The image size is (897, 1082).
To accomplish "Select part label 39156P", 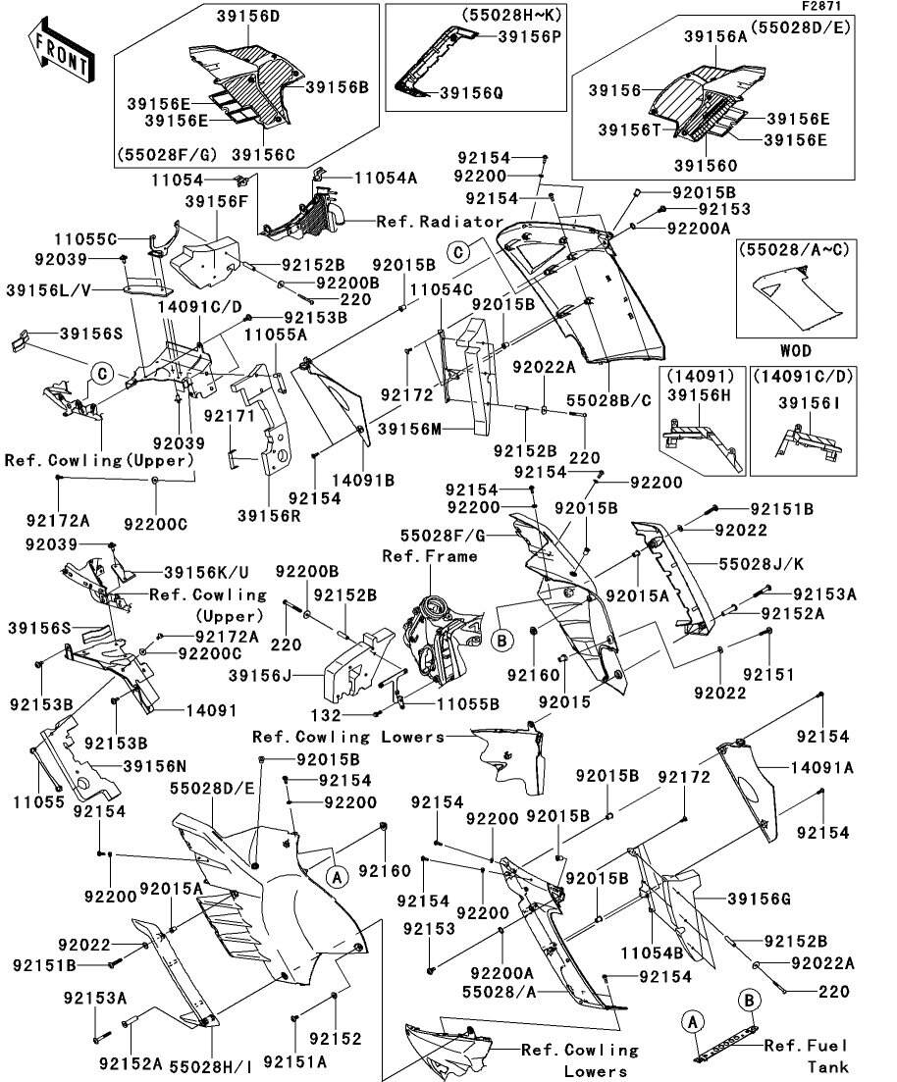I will (x=529, y=36).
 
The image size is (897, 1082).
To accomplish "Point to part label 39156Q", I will (x=470, y=93).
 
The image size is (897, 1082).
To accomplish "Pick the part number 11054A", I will (x=386, y=178).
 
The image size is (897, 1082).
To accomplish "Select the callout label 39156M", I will (x=410, y=429).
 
